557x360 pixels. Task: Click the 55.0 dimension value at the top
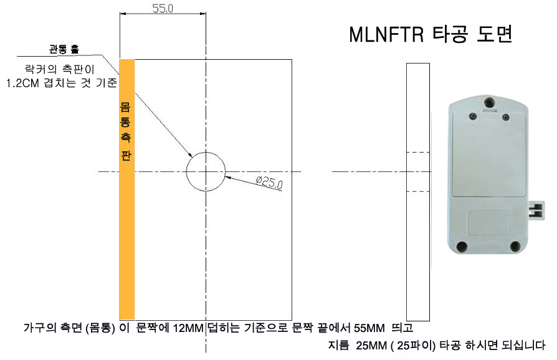point(163,8)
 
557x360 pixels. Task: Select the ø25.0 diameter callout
point(270,182)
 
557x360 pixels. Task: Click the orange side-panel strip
point(127,189)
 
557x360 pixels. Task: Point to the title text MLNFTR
point(386,35)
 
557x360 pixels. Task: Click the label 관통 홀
point(64,49)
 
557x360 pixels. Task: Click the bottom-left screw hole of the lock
point(462,246)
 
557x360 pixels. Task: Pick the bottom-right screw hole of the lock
point(515,246)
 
